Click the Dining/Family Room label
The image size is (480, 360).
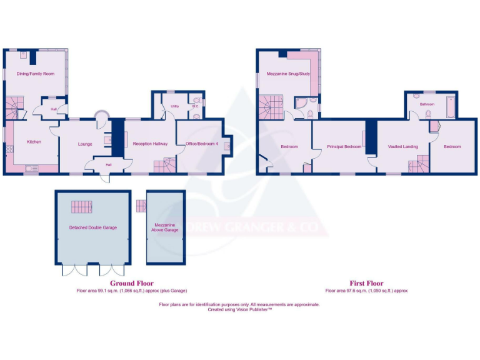(36, 74)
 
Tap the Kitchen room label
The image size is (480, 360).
(34, 142)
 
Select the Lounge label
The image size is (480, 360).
(85, 144)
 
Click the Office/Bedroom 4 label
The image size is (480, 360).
(202, 144)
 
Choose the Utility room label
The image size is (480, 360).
(175, 106)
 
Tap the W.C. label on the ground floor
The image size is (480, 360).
(194, 106)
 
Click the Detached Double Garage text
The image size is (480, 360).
(92, 227)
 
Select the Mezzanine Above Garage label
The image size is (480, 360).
(165, 227)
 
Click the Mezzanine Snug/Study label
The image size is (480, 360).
(288, 74)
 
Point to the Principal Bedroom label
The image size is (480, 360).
(344, 147)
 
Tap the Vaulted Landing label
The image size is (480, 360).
(402, 147)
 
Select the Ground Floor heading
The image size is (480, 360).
(131, 283)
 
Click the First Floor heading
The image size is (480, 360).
(366, 283)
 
